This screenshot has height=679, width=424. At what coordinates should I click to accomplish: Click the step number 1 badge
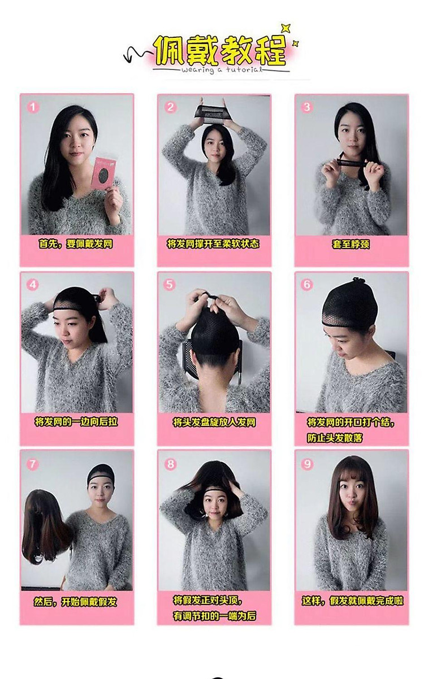pos(33,107)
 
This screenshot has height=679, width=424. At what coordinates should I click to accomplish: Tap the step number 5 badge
pos(170,285)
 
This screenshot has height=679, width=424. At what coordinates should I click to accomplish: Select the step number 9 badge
pos(307,464)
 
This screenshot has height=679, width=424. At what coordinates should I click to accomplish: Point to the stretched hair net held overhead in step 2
pos(214,114)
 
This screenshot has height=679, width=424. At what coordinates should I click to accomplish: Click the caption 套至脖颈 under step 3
pos(351,245)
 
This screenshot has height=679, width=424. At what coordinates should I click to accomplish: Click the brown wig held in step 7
pos(45,527)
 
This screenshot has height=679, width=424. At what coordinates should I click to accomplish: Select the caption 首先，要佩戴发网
pos(76,243)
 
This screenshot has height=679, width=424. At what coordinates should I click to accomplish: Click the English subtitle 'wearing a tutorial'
pos(222,69)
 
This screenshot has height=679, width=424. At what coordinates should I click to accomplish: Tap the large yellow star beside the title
pos(285,28)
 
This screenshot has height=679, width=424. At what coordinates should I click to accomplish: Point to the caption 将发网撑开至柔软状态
pos(213,243)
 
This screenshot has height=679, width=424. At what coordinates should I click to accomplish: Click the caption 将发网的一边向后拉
pos(76,421)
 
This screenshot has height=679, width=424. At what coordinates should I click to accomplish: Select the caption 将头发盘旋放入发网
pos(214,422)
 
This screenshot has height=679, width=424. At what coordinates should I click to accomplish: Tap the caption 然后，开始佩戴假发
pos(76,602)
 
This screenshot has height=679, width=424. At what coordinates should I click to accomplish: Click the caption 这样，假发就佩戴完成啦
pos(352,601)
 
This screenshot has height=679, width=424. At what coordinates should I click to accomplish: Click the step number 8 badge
pos(171,464)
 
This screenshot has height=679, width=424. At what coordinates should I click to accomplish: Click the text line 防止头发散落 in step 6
pos(335,438)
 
